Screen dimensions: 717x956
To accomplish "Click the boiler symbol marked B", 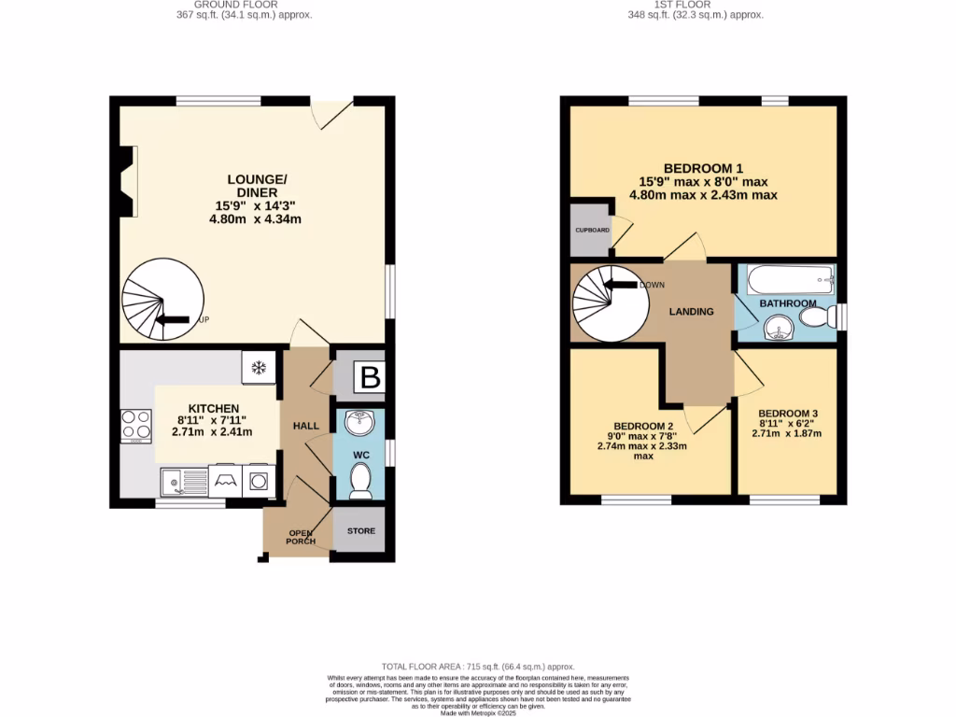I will point(370,378).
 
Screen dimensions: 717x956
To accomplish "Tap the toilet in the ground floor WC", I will point(360,480).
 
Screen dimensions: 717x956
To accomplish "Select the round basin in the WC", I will point(358,424).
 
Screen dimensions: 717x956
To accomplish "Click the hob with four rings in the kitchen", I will point(136,427).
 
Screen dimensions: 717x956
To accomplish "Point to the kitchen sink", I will point(183,482).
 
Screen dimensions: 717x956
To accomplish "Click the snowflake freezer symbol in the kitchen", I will point(259,366).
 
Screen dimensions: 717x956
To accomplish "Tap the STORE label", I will point(361,531).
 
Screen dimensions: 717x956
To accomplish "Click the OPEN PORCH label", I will point(301,537).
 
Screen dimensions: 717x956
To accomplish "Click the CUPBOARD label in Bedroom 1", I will point(592,230).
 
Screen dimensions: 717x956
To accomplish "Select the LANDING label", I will point(692,312).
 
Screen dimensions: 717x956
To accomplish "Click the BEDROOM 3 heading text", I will point(788,414).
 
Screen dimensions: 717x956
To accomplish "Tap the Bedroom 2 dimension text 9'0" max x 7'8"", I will point(642,434).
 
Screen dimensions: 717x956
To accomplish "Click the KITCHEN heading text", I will point(214,408).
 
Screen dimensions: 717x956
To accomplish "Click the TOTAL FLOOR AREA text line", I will point(477,665).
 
